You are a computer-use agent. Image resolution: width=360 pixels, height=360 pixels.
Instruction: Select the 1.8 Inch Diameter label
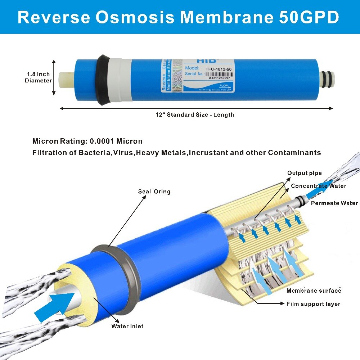[38, 77]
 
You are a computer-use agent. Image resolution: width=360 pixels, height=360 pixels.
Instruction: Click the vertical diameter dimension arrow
[54, 77]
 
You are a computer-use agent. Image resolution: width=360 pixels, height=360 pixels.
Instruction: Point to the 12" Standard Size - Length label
[195, 115]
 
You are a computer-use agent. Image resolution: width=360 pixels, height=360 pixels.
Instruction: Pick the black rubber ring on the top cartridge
[104, 80]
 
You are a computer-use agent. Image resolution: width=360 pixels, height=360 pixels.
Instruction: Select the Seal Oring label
[154, 192]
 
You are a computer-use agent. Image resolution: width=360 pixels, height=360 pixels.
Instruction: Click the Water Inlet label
[127, 326]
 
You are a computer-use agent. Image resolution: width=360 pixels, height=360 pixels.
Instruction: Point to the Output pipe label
[304, 173]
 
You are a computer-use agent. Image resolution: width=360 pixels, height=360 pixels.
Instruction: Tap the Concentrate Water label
[318, 186]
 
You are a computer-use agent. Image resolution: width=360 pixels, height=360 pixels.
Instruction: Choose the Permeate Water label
[334, 203]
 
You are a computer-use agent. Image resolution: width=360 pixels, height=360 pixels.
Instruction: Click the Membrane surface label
[314, 291]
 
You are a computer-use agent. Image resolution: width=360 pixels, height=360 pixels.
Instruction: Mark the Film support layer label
[313, 304]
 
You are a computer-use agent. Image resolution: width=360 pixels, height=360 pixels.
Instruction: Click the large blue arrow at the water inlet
[54, 306]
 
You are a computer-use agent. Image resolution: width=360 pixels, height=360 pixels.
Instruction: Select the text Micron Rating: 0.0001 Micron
[87, 141]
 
